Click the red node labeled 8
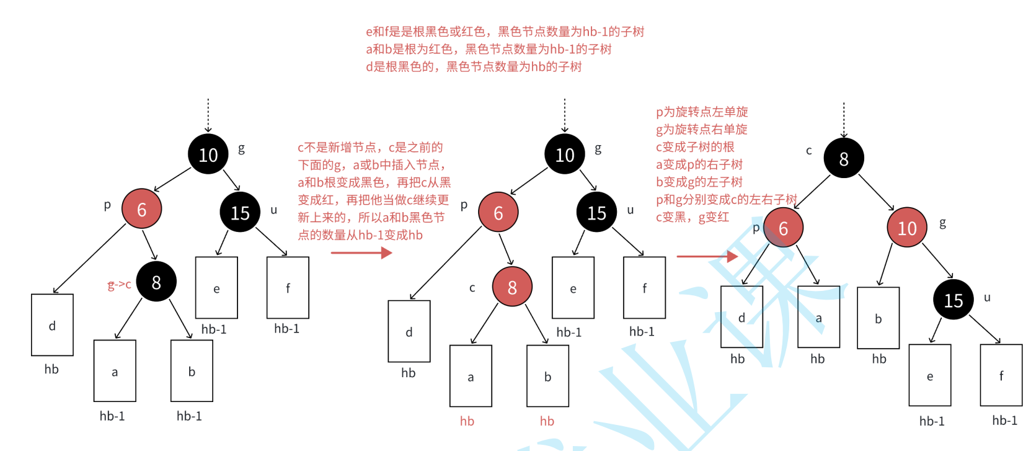[x=512, y=287]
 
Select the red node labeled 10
[x=907, y=228]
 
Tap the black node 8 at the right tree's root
[x=844, y=159]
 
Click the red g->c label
[x=119, y=285]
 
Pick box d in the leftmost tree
[x=52, y=325]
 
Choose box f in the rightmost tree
[x=1001, y=375]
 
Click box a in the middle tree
[x=471, y=376]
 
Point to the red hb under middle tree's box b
[x=547, y=421]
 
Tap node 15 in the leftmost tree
[x=240, y=213]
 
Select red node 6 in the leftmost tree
[x=142, y=210]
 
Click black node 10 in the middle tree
[x=565, y=154]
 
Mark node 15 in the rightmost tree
[x=954, y=300]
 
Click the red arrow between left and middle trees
[x=361, y=252]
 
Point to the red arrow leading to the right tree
[x=707, y=256]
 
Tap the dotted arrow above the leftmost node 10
[x=208, y=115]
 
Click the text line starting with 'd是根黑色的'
[x=474, y=67]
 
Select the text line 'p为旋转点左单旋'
[x=702, y=112]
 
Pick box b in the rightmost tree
[x=878, y=318]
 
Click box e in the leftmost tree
[x=216, y=288]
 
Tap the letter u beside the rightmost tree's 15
[x=987, y=298]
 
